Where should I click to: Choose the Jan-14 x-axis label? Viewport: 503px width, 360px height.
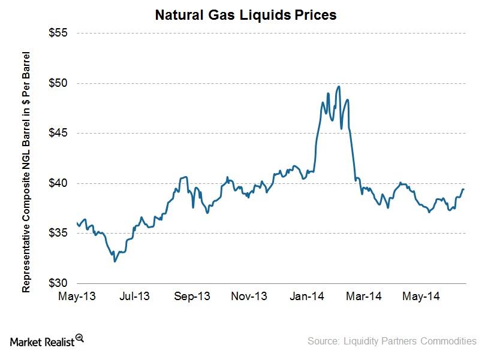[308, 296]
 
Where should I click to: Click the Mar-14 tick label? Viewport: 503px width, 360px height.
[365, 296]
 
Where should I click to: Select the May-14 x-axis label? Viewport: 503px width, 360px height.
[423, 296]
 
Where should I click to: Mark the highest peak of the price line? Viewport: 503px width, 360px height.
[339, 86]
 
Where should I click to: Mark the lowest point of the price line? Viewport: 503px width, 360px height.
[115, 261]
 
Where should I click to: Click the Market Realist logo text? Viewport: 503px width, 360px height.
[42, 341]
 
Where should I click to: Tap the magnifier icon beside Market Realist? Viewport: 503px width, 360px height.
[79, 338]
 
